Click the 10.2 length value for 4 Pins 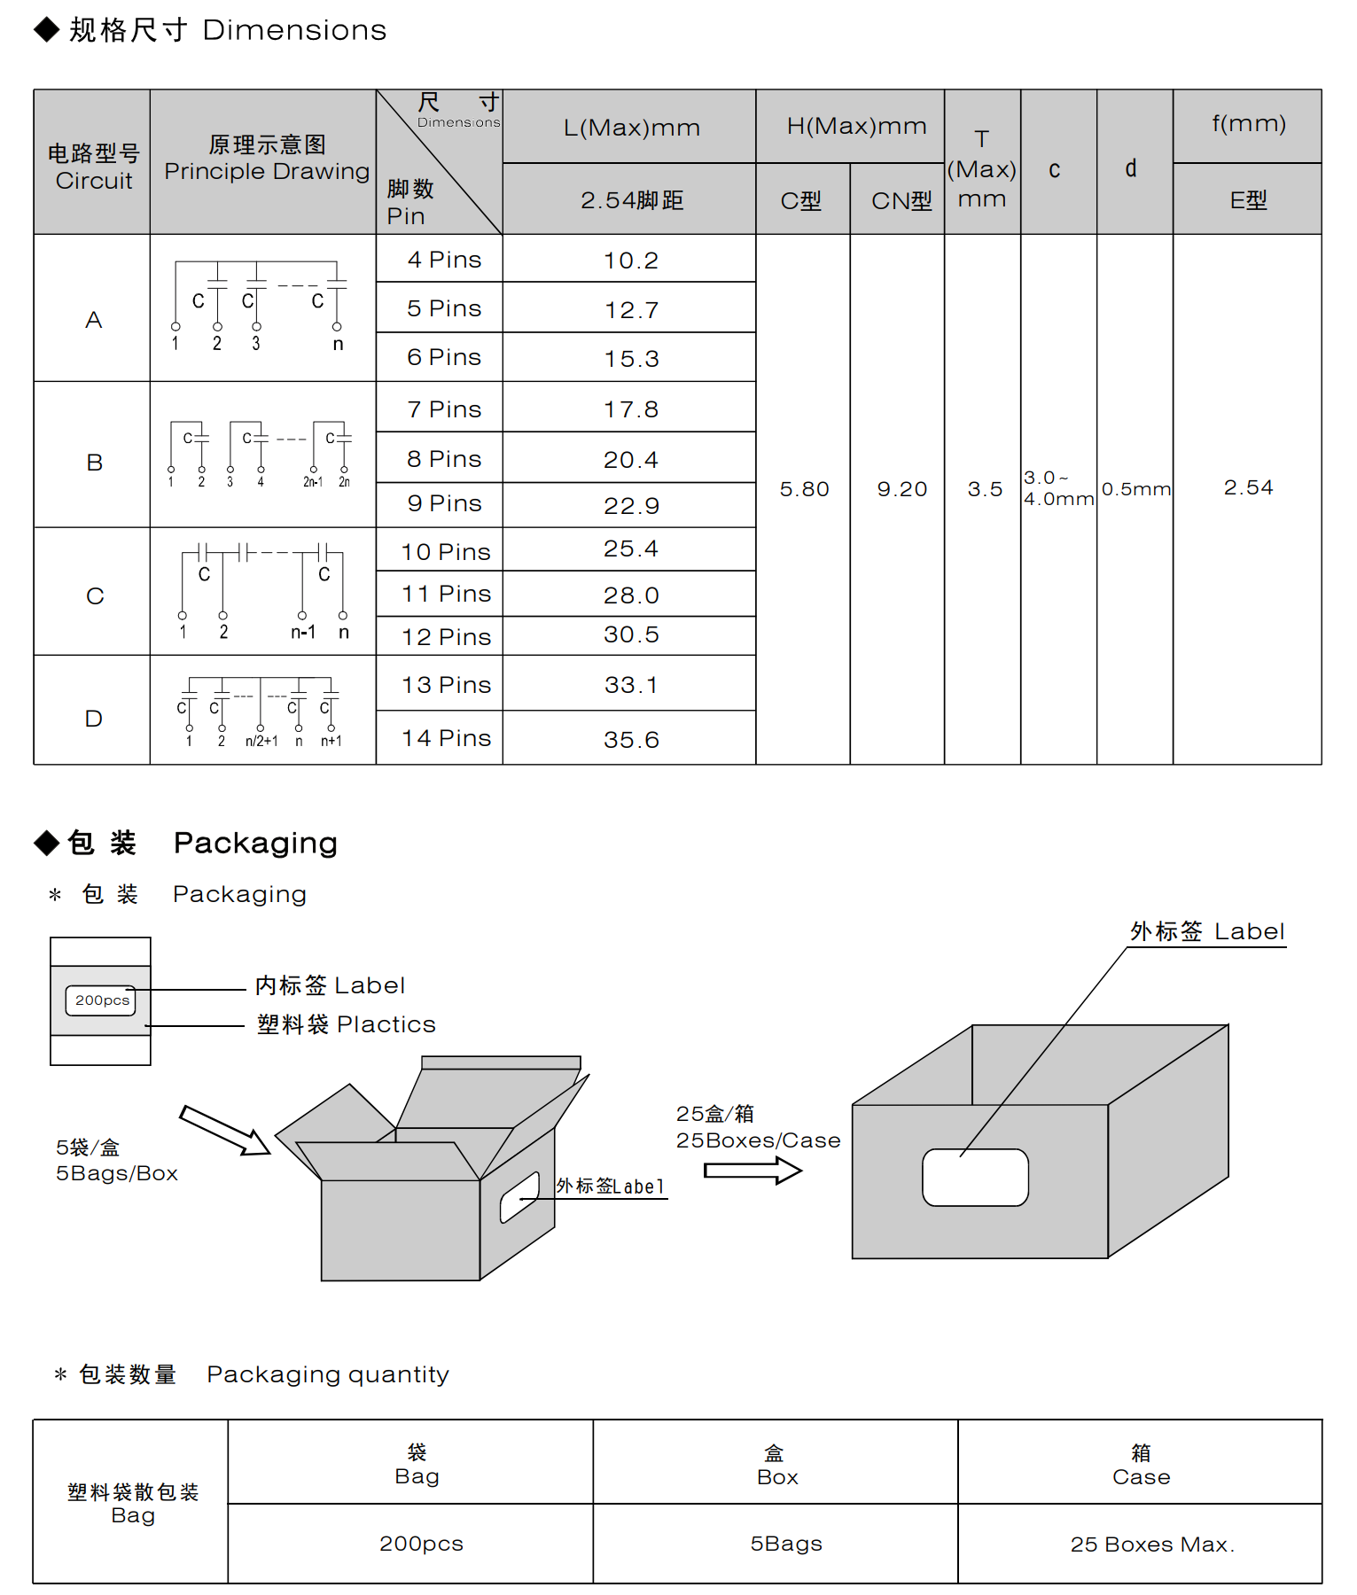click(x=630, y=261)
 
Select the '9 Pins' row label click(x=444, y=503)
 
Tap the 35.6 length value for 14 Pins click(x=631, y=740)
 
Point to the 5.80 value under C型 click(x=804, y=489)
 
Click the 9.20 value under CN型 click(x=901, y=489)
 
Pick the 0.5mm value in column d click(x=1135, y=489)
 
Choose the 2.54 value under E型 click(x=1248, y=487)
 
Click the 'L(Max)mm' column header click(x=631, y=128)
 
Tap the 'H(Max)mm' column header click(x=856, y=127)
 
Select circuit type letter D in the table click(x=93, y=719)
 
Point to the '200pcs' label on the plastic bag click(x=101, y=1000)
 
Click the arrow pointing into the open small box click(x=225, y=1130)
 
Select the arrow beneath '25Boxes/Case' click(x=753, y=1171)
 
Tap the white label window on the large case click(x=975, y=1178)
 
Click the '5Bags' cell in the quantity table click(x=785, y=1544)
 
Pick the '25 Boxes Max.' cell click(x=1151, y=1544)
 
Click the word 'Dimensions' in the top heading click(x=294, y=30)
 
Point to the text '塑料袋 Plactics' click(x=346, y=1024)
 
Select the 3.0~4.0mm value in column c click(x=1058, y=488)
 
